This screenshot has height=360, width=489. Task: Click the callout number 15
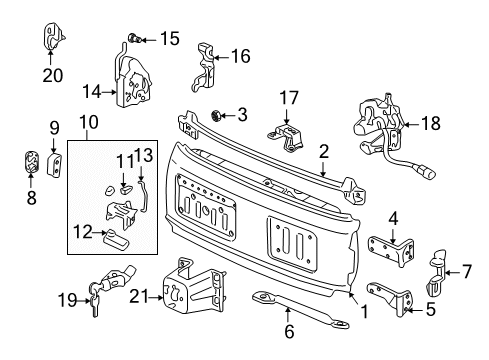170,39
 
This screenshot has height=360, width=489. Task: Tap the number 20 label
53,75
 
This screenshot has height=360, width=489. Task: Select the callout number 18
431,123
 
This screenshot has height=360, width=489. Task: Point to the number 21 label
138,296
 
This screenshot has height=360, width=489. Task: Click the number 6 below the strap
289,331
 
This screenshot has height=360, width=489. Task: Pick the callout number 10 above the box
89,122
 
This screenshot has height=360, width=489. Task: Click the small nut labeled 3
216,116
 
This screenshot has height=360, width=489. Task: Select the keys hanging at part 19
94,301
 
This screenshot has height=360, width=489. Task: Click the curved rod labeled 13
143,196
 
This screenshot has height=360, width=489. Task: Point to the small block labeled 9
55,165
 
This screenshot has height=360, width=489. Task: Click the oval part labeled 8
32,162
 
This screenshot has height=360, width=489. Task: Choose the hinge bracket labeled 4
391,251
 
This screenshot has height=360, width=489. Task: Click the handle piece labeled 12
115,239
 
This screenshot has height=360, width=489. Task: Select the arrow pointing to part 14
109,92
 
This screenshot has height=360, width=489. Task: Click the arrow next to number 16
221,57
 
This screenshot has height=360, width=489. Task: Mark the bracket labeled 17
287,137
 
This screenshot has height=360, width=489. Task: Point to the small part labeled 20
53,36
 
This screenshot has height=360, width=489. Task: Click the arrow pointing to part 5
415,310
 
